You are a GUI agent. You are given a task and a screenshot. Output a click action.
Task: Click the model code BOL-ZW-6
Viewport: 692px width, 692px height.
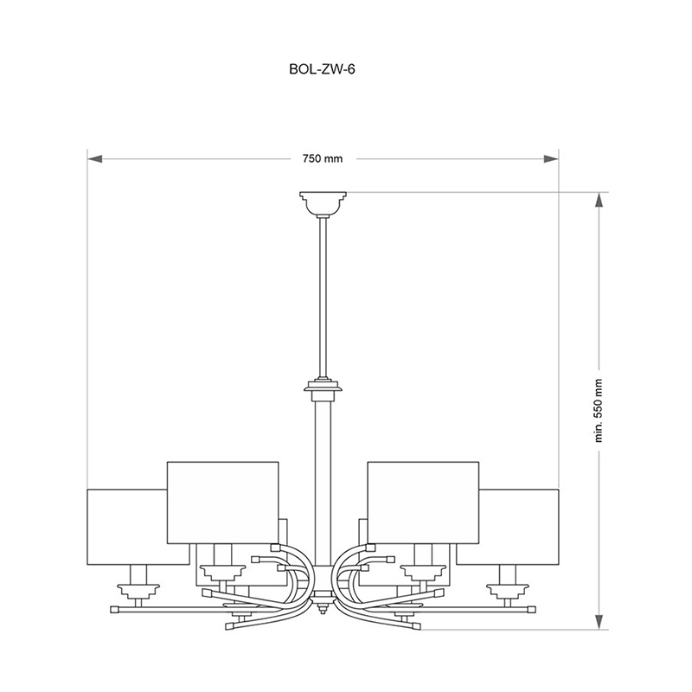point(322,69)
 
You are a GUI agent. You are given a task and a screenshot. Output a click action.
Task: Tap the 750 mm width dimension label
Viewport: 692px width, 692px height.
point(323,159)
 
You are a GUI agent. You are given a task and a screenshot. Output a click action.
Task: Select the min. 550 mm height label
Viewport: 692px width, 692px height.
point(598,410)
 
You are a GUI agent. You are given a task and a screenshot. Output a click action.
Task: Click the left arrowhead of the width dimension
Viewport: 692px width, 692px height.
point(95,159)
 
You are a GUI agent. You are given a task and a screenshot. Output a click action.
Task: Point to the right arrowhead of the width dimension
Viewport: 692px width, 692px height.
point(551,159)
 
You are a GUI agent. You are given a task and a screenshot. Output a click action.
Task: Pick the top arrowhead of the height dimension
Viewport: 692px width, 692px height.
point(599,201)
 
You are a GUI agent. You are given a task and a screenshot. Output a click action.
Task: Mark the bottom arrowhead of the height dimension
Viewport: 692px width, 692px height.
point(599,621)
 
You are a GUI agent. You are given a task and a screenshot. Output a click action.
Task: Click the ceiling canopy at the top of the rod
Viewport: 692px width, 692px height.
point(323,203)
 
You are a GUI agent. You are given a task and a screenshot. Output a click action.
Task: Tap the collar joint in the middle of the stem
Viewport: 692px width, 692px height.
point(323,388)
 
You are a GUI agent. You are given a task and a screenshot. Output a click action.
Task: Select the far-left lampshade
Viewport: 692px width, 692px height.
point(126,527)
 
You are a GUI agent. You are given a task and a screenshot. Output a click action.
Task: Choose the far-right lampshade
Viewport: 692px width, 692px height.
point(519,527)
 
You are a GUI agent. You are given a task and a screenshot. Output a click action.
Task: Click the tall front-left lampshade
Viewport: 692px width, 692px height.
point(223,503)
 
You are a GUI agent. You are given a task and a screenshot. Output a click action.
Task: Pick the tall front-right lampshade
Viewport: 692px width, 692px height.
point(423,503)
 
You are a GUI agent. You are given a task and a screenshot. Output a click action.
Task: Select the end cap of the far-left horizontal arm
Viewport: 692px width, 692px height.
point(114,610)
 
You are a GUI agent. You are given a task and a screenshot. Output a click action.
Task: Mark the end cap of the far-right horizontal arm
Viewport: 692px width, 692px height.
point(532,610)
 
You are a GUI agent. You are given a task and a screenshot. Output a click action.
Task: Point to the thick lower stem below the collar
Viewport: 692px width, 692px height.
point(323,484)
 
